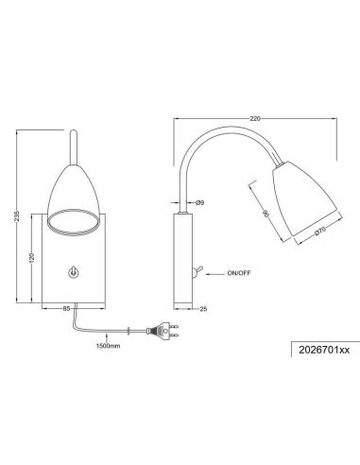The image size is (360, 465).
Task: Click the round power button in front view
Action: tap(75, 272)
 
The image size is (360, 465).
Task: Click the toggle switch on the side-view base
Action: tap(195, 274)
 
